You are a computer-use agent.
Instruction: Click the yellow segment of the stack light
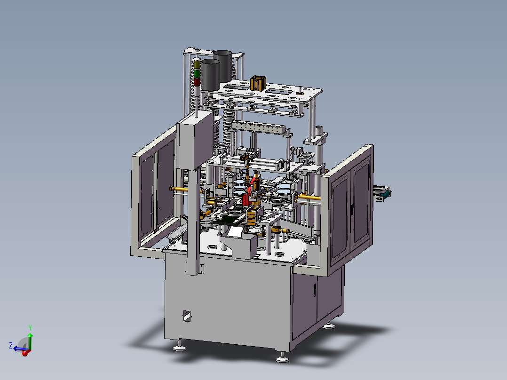[x=197, y=65]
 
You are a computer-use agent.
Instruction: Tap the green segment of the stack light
[x=197, y=73]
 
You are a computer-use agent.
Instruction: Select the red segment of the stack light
[x=197, y=81]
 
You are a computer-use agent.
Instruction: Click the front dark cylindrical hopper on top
[x=211, y=75]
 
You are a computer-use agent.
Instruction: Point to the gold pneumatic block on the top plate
[x=258, y=83]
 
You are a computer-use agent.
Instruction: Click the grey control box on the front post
[x=195, y=140]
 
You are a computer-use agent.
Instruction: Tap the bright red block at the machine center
[x=245, y=199]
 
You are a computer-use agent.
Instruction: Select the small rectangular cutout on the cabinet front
[x=187, y=316]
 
